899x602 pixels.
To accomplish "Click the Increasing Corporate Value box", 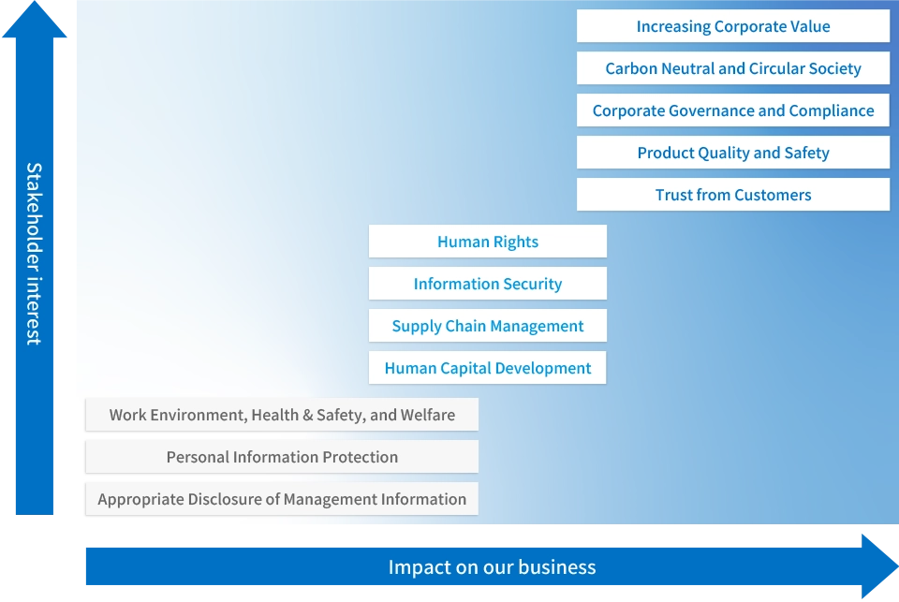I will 732,26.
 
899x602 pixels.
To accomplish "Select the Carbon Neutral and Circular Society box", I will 732,68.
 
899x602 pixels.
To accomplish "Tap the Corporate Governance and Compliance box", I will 732,110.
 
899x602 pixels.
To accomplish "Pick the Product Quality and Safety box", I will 732,153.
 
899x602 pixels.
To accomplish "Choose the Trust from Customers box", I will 732,195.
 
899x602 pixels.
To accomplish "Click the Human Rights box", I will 487,242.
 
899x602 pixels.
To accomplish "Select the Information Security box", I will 487,284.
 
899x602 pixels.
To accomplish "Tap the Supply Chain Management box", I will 487,326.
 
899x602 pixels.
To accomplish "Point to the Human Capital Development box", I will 487,368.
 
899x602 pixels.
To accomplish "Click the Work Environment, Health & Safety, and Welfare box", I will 281,415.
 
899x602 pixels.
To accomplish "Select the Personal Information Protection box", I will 281,457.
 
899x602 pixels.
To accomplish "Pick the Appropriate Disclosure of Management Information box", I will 281,499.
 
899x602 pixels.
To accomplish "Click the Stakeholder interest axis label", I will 35,253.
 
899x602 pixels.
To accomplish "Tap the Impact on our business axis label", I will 492,567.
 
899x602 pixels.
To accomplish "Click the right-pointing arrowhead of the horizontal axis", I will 881,565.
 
